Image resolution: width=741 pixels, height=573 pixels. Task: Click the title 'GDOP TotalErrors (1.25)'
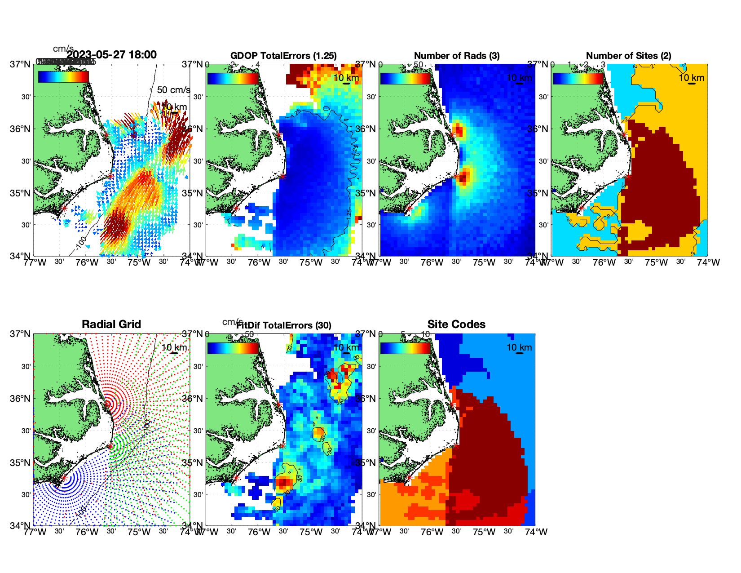[283, 56]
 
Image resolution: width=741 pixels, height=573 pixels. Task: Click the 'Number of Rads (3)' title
[457, 56]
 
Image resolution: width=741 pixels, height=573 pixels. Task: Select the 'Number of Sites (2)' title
[628, 56]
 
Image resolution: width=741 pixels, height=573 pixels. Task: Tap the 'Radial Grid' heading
[111, 324]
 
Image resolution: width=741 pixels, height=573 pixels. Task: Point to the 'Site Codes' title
[456, 324]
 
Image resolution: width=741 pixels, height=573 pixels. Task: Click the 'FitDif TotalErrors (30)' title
[284, 325]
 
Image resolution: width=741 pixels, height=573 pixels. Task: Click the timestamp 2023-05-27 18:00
[111, 55]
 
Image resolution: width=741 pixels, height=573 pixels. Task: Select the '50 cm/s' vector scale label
[173, 90]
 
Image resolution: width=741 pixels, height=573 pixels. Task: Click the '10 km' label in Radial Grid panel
[174, 347]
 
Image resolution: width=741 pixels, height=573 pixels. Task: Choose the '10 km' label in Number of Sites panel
[691, 78]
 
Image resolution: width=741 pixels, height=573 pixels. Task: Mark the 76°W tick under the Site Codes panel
[432, 532]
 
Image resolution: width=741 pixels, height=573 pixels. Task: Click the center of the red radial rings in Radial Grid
[107, 404]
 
